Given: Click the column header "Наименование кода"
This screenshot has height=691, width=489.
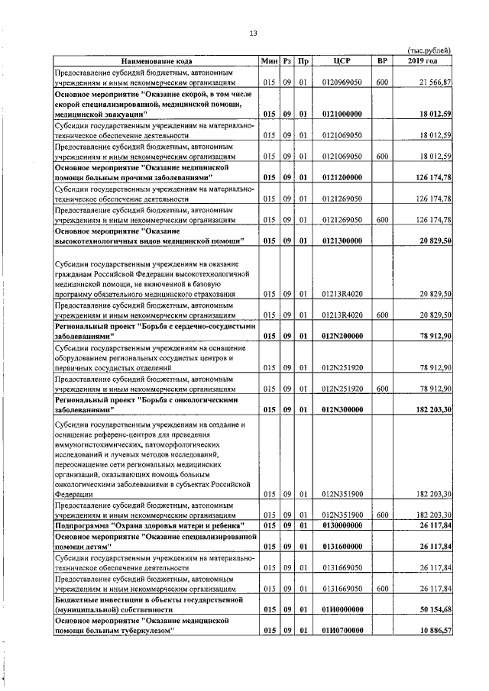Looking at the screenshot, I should click(x=156, y=60).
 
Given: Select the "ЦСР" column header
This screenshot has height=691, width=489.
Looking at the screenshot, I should click(x=342, y=60).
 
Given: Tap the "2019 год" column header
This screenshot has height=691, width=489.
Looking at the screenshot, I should click(x=423, y=60).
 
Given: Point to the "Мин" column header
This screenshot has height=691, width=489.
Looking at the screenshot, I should click(x=269, y=60).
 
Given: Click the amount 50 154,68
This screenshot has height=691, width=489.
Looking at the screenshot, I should click(x=432, y=610).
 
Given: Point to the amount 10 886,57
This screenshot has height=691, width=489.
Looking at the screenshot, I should click(x=432, y=631).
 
